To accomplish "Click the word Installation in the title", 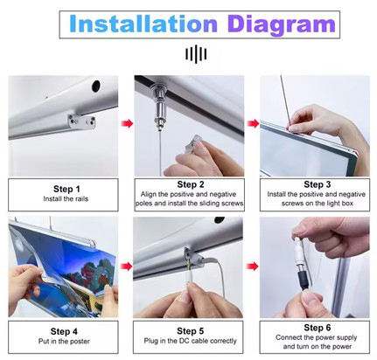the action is click(x=143, y=24).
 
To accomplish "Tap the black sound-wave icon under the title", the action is click(x=196, y=54).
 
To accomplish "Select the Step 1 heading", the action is click(x=66, y=189).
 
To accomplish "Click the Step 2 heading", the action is click(x=191, y=184).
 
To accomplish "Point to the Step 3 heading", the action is click(x=317, y=184).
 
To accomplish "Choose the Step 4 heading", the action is click(x=64, y=331).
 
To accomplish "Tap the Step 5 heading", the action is click(x=190, y=331).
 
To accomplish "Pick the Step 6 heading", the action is click(x=317, y=328).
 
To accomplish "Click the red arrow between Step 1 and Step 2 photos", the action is click(x=127, y=123).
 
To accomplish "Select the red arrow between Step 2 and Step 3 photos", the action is click(x=253, y=124).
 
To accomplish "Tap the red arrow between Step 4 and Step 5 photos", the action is click(x=127, y=267).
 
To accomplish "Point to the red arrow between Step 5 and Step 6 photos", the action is click(x=253, y=267).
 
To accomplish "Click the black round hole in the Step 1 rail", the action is click(x=95, y=86).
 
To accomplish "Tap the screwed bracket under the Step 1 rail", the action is click(x=81, y=121).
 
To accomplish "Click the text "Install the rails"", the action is click(x=66, y=199).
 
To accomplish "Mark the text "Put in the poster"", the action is click(x=64, y=341).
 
